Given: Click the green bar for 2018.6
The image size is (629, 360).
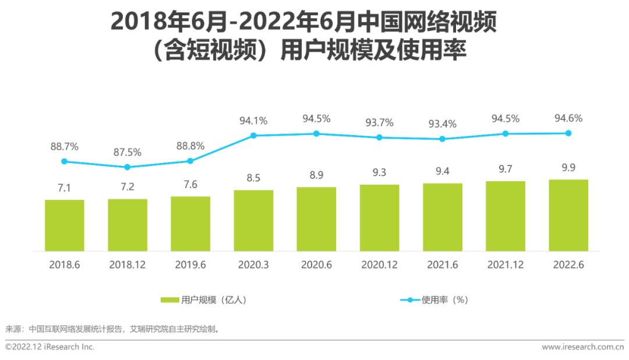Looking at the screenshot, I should pyautogui.click(x=65, y=225).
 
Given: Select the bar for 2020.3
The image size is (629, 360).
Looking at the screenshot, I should pyautogui.click(x=253, y=220).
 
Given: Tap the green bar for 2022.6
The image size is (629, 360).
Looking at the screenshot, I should pyautogui.click(x=568, y=215).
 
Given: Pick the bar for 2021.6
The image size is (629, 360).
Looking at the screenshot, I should pyautogui.click(x=443, y=217).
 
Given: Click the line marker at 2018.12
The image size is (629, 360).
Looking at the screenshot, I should pyautogui.click(x=128, y=167).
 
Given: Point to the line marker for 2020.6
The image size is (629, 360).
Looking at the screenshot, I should pyautogui.click(x=316, y=133).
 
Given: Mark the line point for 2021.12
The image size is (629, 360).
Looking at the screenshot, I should pyautogui.click(x=506, y=133).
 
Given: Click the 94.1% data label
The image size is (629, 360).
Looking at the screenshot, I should pyautogui.click(x=253, y=121).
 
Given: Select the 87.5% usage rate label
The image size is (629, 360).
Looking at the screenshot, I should pyautogui.click(x=128, y=153).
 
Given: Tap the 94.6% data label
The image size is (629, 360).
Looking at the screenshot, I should pyautogui.click(x=568, y=119).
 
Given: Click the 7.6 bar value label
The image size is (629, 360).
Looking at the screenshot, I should pyautogui.click(x=190, y=185).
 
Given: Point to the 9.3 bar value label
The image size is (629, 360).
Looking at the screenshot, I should pyautogui.click(x=379, y=173).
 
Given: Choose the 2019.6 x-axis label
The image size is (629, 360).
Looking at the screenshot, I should pyautogui.click(x=190, y=264).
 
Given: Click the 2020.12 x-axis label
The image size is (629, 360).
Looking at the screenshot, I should pyautogui.click(x=379, y=264).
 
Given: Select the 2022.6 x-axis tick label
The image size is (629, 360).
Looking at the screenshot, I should pyautogui.click(x=568, y=264).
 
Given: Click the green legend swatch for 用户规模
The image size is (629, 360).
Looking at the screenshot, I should pyautogui.click(x=170, y=300).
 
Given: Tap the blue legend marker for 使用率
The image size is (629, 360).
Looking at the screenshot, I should pyautogui.click(x=410, y=300).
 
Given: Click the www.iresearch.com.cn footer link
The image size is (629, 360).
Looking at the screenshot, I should pyautogui.click(x=582, y=347).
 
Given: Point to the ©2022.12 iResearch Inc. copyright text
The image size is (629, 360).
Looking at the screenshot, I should pyautogui.click(x=50, y=347).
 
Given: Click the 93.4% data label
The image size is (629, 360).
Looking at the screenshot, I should pyautogui.click(x=443, y=124).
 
